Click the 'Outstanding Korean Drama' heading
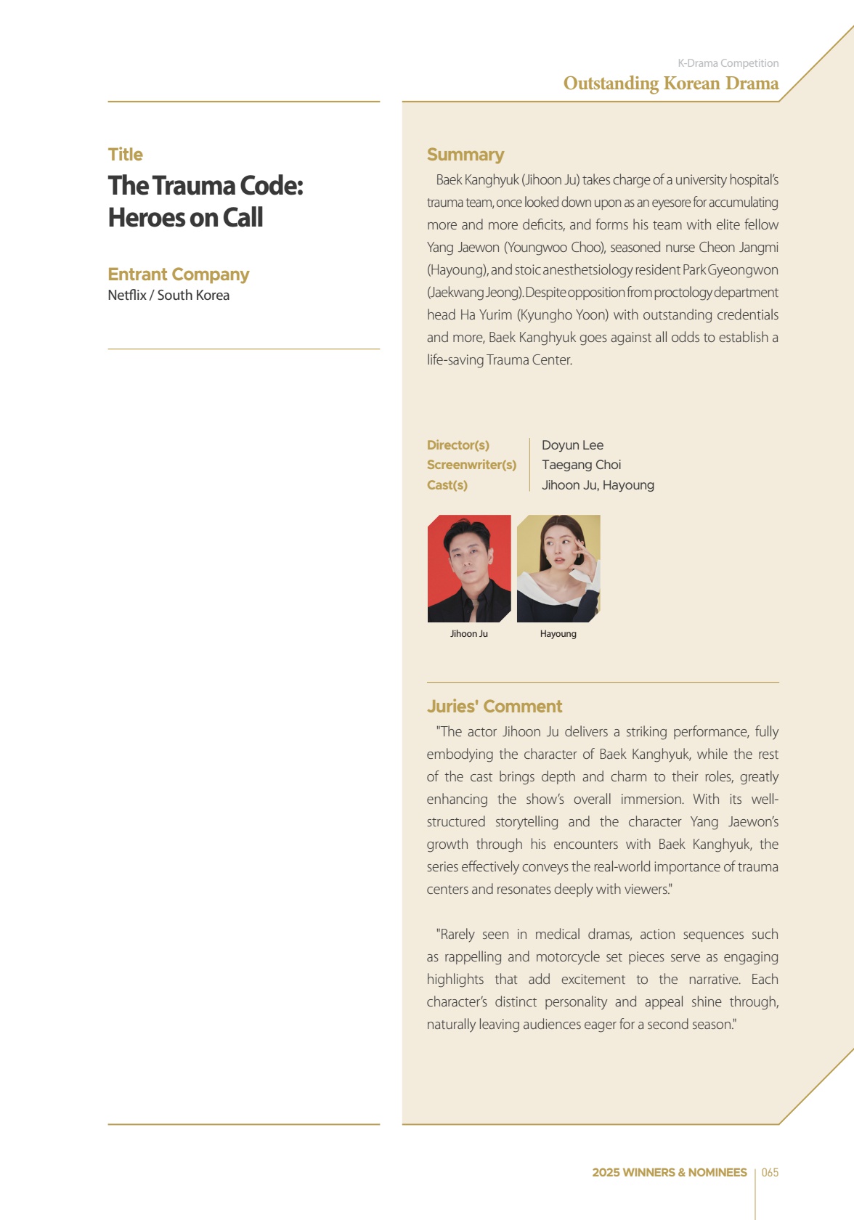670,84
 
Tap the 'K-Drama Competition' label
728,63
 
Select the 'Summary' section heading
465,155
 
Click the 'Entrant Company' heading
178,274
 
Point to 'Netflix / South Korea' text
168,296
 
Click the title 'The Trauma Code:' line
206,186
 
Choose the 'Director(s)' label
457,445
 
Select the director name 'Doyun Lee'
572,445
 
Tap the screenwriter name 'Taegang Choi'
581,465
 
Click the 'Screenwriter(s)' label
471,465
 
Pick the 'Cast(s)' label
447,485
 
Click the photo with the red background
469,568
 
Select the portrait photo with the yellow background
558,568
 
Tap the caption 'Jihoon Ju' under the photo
468,634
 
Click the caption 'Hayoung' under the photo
558,634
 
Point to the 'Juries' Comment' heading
494,707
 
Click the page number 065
770,1173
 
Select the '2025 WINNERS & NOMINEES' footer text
669,1173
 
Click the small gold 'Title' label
125,155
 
